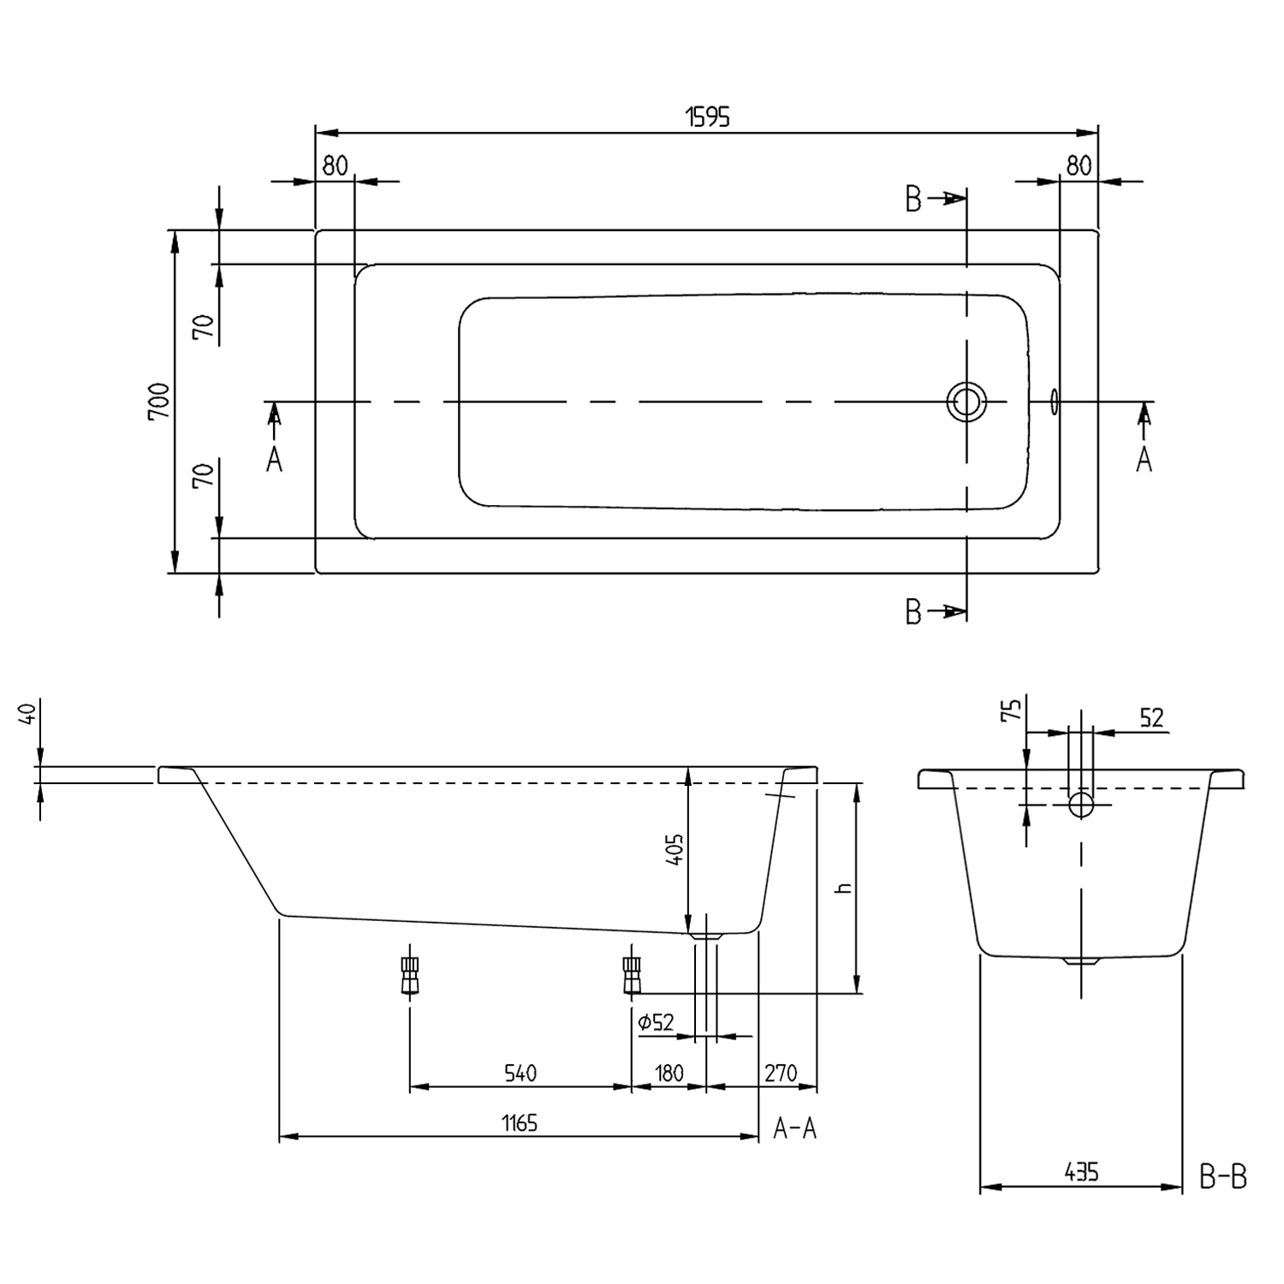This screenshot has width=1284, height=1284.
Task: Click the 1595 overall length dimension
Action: pyautogui.click(x=708, y=117)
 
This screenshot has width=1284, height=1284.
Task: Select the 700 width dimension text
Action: pyautogui.click(x=159, y=401)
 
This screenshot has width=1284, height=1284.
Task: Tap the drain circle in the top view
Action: pyautogui.click(x=966, y=401)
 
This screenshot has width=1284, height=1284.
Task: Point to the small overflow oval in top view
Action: pyautogui.click(x=1054, y=401)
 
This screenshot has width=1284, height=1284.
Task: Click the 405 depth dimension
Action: pyautogui.click(x=675, y=850)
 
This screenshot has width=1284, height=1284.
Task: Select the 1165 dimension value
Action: pyautogui.click(x=520, y=1122)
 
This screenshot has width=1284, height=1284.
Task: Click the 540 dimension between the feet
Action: pyautogui.click(x=520, y=1073)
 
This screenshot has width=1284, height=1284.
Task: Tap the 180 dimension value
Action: pyautogui.click(x=669, y=1073)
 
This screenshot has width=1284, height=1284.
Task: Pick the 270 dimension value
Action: pyautogui.click(x=781, y=1073)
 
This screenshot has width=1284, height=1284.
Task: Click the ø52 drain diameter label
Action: pyautogui.click(x=657, y=1022)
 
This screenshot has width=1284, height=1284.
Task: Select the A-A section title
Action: pyautogui.click(x=795, y=1129)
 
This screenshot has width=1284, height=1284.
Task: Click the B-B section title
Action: pyautogui.click(x=1222, y=1179)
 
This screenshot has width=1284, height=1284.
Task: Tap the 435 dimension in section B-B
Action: pyautogui.click(x=1081, y=1172)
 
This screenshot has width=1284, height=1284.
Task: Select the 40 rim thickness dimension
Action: pyautogui.click(x=26, y=713)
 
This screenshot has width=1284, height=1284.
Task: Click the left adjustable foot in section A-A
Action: pyautogui.click(x=409, y=974)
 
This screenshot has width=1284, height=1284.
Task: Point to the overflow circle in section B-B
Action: pyautogui.click(x=1081, y=805)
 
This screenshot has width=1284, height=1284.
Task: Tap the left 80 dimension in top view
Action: pyautogui.click(x=335, y=165)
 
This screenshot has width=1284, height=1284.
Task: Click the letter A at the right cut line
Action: pyautogui.click(x=1144, y=461)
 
